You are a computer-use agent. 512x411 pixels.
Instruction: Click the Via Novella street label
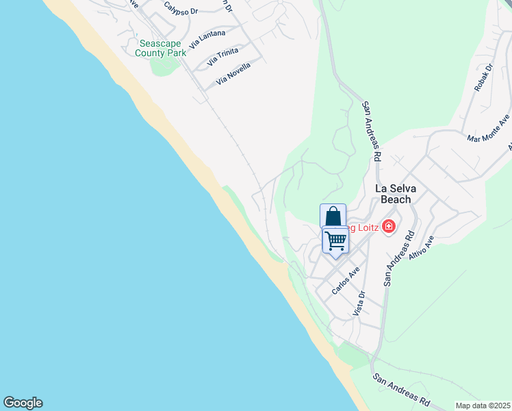233,73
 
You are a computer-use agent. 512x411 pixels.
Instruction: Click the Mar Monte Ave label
488,128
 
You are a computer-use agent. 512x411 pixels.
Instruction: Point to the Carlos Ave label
346,281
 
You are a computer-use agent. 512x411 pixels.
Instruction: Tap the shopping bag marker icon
333,216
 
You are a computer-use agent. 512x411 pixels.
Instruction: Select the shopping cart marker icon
335,240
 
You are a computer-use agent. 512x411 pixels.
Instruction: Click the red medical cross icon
388,226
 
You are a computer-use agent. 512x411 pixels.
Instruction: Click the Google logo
23,403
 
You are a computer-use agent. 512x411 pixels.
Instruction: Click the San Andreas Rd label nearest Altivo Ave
398,257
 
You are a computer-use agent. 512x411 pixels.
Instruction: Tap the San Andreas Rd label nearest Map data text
401,390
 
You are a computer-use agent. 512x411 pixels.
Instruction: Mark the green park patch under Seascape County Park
164,66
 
